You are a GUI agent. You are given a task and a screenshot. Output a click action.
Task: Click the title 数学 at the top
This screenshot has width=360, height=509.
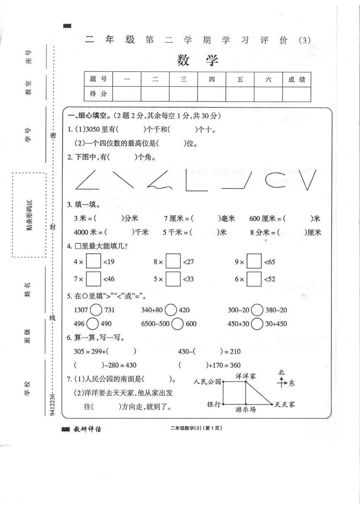[197, 61]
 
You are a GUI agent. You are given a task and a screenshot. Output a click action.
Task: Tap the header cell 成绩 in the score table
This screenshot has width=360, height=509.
[297, 80]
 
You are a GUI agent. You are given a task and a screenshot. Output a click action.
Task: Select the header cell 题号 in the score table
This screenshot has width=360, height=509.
[98, 80]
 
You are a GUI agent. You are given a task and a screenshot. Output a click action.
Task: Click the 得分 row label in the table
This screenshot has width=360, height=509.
[98, 94]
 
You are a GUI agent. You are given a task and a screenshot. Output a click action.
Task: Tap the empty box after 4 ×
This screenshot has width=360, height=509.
[94, 262]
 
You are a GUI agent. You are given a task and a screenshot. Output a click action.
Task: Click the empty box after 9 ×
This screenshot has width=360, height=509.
[254, 262]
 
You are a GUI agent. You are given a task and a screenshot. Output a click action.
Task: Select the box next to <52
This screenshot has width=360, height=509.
[254, 279]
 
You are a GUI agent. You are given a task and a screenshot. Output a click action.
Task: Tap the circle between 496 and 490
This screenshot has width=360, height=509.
[92, 324]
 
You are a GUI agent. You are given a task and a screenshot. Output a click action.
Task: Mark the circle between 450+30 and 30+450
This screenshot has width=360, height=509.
[257, 324]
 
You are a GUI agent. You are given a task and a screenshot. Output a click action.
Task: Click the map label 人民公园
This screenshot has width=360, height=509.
[207, 381]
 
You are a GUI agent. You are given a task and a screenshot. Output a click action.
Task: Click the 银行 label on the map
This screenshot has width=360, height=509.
[214, 404]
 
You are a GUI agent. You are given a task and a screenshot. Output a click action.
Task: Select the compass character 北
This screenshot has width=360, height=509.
[282, 373]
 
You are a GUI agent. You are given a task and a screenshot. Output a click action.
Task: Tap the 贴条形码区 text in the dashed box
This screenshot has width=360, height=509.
[29, 215]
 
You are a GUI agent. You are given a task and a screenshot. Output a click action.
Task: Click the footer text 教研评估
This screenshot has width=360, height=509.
[87, 429]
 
